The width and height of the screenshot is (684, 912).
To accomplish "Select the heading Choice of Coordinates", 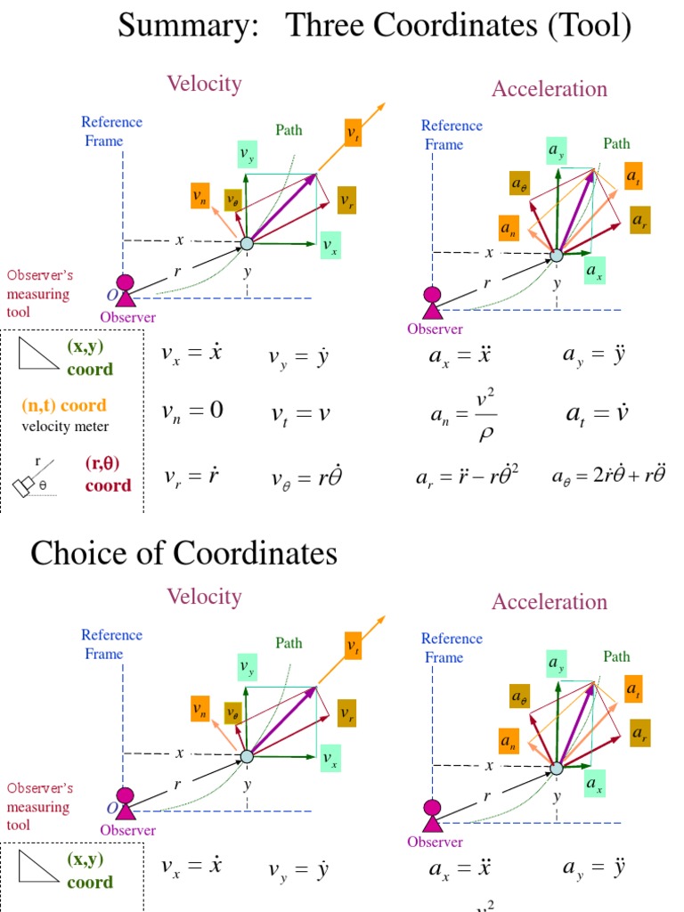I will point(183,553).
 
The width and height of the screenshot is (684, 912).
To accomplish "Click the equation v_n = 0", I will point(192,411).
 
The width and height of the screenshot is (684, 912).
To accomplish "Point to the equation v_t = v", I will point(301,413).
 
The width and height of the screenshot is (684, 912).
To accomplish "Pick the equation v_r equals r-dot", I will point(191,476).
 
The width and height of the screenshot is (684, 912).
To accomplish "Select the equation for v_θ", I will point(307,478).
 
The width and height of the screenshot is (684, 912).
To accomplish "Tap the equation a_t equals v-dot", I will point(598,413).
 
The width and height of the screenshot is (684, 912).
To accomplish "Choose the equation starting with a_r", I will point(467,477).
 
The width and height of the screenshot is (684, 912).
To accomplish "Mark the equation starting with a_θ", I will point(608,476).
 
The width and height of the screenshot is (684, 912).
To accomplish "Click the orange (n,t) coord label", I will point(64,406).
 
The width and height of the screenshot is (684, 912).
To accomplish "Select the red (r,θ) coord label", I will point(108,475).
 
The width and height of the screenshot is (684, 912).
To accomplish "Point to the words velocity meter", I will point(66,427).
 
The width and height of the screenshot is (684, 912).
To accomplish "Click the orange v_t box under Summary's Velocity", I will point(354,134).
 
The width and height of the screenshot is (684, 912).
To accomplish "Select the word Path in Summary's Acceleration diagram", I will point(616,143).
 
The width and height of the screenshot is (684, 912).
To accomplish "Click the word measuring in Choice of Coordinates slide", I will point(37,807).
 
